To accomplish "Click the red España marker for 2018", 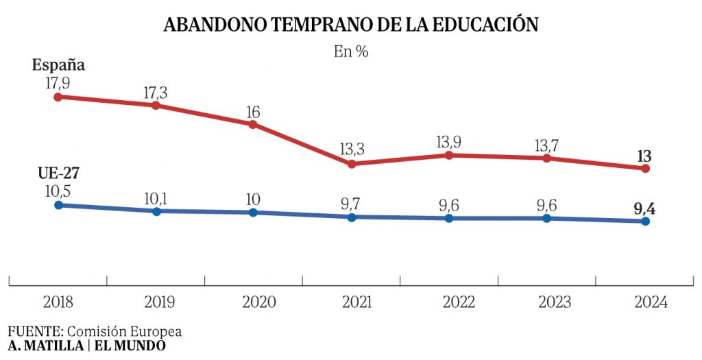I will (x=58, y=97).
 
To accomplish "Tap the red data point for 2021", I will (x=352, y=164).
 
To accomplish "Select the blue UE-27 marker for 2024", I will (x=645, y=221).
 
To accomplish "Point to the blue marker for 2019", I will (x=156, y=211).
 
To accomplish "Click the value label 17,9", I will (x=58, y=82).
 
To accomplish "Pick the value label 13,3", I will (x=352, y=149).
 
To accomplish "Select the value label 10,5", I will (x=58, y=190).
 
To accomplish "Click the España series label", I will (x=59, y=65).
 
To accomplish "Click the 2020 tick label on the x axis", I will (x=254, y=302).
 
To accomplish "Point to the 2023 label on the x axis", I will (x=546, y=302).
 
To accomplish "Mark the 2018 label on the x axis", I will (x=58, y=302).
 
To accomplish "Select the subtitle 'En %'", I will (x=351, y=51).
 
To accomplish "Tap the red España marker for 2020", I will (x=253, y=124).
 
